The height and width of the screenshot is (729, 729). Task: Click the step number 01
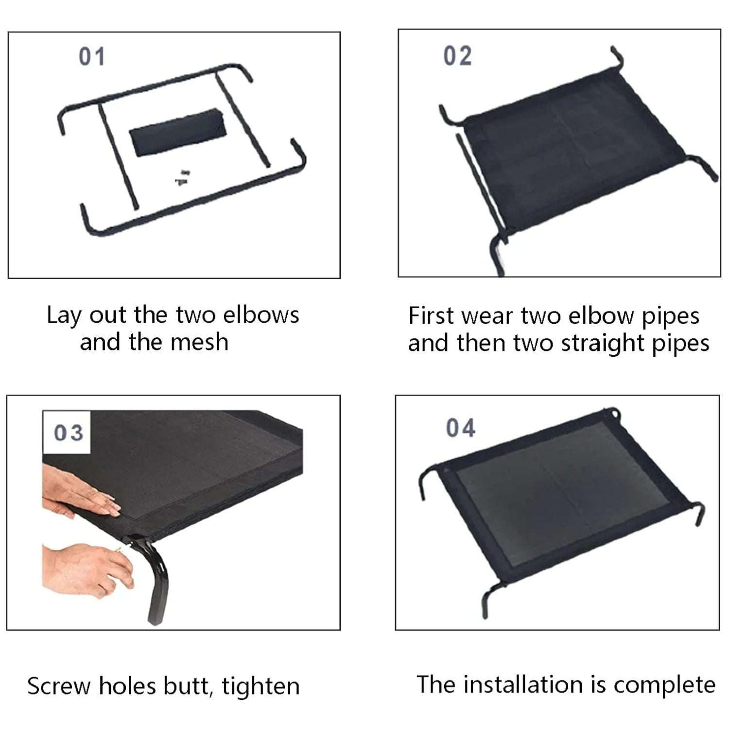pos(92,57)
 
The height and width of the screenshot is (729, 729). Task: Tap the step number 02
pos(457,56)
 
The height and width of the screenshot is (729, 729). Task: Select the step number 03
pos(68,433)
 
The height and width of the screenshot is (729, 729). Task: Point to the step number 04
pos(460,428)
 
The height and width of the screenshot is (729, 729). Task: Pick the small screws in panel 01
pos(183,177)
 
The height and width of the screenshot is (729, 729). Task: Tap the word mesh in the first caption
pos(200,342)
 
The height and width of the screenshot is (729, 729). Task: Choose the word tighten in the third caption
pos(260,686)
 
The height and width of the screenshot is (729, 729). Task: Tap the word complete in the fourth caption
pos(664,686)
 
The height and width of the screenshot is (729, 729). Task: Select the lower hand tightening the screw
pos(87,569)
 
